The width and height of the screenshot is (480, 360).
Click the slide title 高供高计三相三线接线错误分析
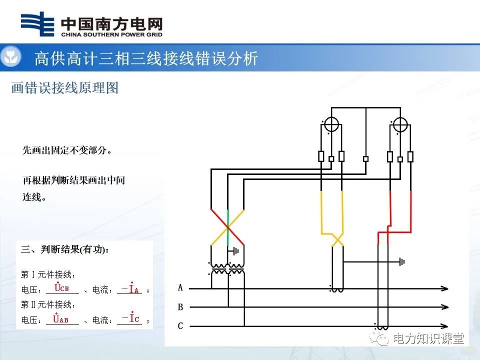[146, 58]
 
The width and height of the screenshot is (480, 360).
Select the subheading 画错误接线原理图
[65, 88]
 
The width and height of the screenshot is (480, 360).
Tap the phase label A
[180, 288]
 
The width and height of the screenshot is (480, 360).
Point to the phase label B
[180, 307]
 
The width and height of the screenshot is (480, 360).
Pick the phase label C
[180, 326]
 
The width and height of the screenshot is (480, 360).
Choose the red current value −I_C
[130, 318]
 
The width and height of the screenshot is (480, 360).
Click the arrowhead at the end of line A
[444, 288]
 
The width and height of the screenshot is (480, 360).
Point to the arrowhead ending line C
[444, 326]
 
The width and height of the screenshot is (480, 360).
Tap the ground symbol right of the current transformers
[401, 261]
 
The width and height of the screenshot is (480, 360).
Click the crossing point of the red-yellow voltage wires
[227, 227]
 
